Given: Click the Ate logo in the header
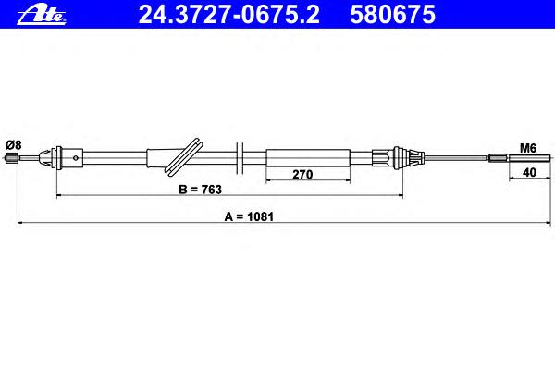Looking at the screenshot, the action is pyautogui.click(x=42, y=15).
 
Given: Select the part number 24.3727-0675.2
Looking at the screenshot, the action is pyautogui.click(x=229, y=15).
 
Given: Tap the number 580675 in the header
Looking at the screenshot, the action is pyautogui.click(x=392, y=15).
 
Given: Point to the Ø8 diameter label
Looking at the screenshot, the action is pyautogui.click(x=14, y=145).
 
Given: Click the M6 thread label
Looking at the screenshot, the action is pyautogui.click(x=528, y=148).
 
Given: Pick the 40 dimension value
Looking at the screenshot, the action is pyautogui.click(x=529, y=172).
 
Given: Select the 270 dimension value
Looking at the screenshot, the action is pyautogui.click(x=302, y=174).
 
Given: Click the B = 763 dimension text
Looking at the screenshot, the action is pyautogui.click(x=201, y=190).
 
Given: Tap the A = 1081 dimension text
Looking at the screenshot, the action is pyautogui.click(x=249, y=216).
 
